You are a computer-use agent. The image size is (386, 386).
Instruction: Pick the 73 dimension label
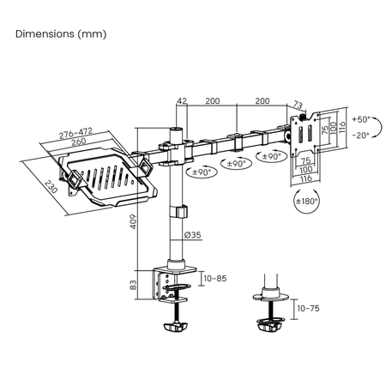tap(298, 104)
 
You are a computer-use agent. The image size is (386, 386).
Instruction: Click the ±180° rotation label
tap(306, 202)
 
